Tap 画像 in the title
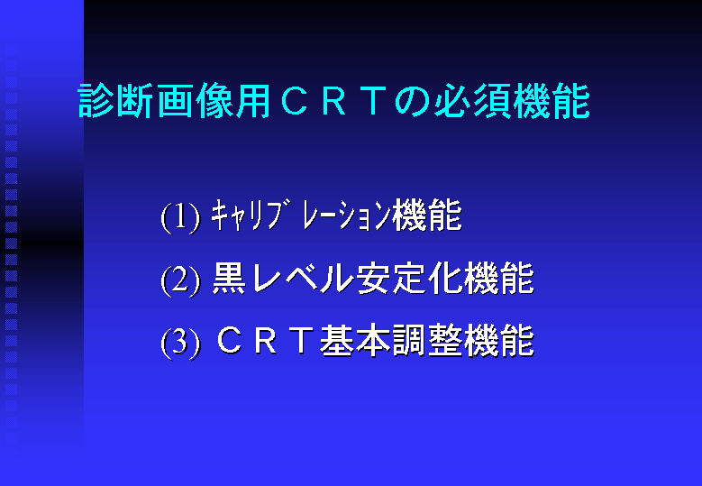[x=195, y=101]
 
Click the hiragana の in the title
[x=412, y=102]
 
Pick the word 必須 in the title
[x=473, y=101]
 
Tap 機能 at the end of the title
[x=552, y=101]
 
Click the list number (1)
[x=180, y=217]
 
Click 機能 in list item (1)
[x=426, y=215]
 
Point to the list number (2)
[x=180, y=280]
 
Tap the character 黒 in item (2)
[x=229, y=278]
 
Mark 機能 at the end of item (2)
[x=498, y=278]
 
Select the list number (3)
[x=180, y=344]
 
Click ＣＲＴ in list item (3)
[x=264, y=341]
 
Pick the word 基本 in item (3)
[x=355, y=341]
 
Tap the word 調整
[x=427, y=341]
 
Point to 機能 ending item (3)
[x=498, y=341]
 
